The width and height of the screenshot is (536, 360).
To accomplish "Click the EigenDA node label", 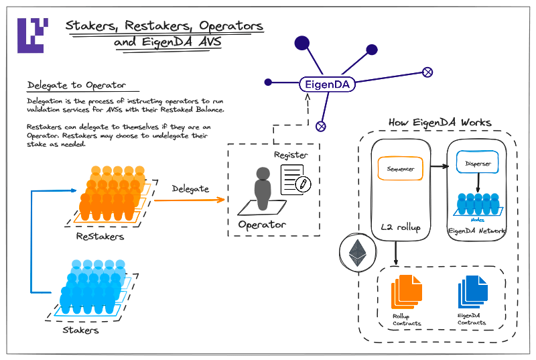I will (x=326, y=84).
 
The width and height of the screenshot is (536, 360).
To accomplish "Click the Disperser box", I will (x=477, y=162).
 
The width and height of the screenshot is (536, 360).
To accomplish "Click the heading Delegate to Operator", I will (x=75, y=85).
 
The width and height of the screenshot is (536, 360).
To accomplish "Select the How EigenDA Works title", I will (x=440, y=123).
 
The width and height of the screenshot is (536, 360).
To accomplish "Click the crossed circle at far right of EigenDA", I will (x=427, y=72).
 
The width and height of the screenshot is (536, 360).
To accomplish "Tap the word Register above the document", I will (x=291, y=155).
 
